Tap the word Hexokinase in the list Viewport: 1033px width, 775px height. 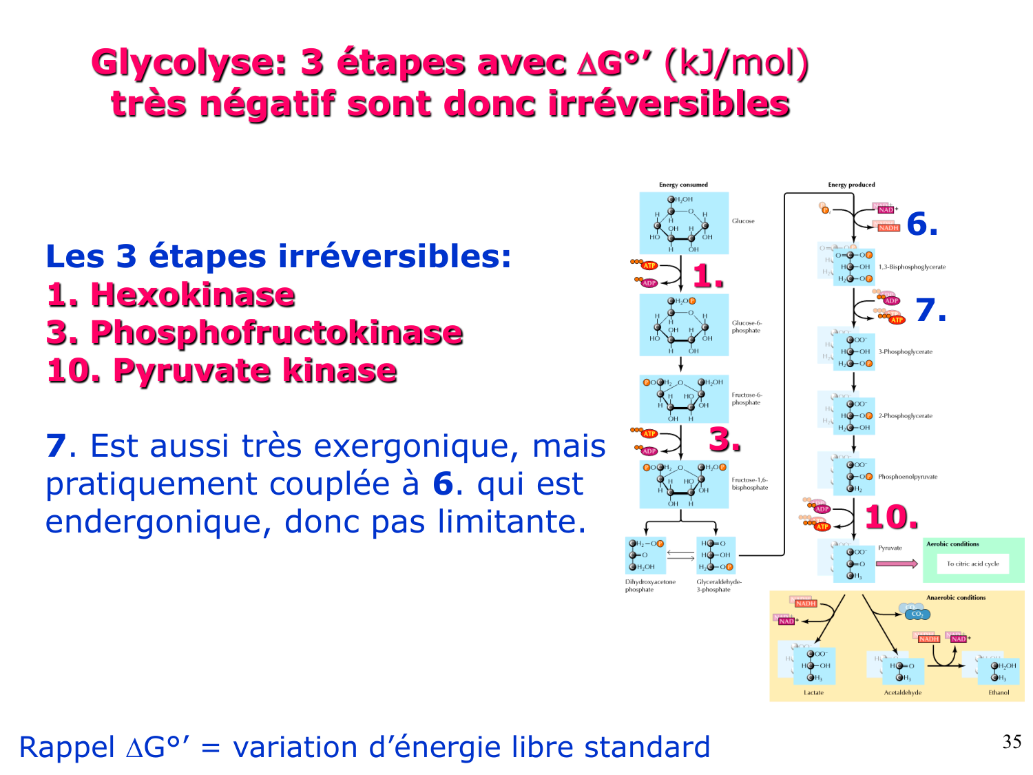pyautogui.click(x=192, y=295)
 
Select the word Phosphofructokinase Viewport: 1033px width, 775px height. pyautogui.click(x=276, y=333)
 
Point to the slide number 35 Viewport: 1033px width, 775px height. pyautogui.click(x=1012, y=742)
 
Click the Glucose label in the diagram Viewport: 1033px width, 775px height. pyautogui.click(x=743, y=221)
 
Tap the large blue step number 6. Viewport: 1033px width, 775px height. pyautogui.click(x=921, y=224)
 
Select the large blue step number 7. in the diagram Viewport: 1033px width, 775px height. pyautogui.click(x=930, y=310)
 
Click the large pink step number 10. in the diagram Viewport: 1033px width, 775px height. pyautogui.click(x=891, y=517)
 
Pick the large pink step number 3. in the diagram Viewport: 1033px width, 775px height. pyautogui.click(x=724, y=440)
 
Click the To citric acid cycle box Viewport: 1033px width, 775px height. pyautogui.click(x=972, y=564)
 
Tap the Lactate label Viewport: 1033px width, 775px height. pyautogui.click(x=813, y=692)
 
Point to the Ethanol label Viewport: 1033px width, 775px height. pyautogui.click(x=999, y=692)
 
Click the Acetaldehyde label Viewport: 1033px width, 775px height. pyautogui.click(x=902, y=692)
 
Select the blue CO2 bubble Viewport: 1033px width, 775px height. pyautogui.click(x=916, y=613)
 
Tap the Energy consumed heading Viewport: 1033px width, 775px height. pyautogui.click(x=683, y=185)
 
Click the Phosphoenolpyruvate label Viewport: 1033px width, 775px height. pyautogui.click(x=908, y=477)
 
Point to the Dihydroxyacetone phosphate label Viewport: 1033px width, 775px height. pyautogui.click(x=649, y=586)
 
